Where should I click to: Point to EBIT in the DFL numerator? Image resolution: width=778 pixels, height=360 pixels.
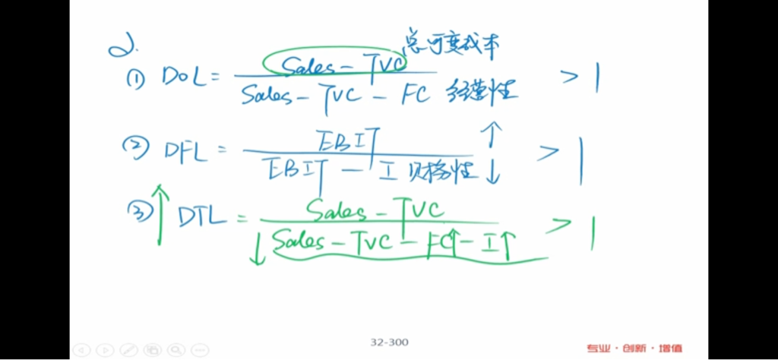pyautogui.click(x=346, y=140)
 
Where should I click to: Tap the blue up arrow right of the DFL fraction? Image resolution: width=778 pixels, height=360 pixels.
pyautogui.click(x=492, y=134)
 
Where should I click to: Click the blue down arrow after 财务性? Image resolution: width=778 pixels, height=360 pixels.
pyautogui.click(x=492, y=171)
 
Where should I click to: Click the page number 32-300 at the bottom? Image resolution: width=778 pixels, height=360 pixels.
pyautogui.click(x=389, y=343)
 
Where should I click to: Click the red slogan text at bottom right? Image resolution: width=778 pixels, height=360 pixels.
pyautogui.click(x=634, y=349)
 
